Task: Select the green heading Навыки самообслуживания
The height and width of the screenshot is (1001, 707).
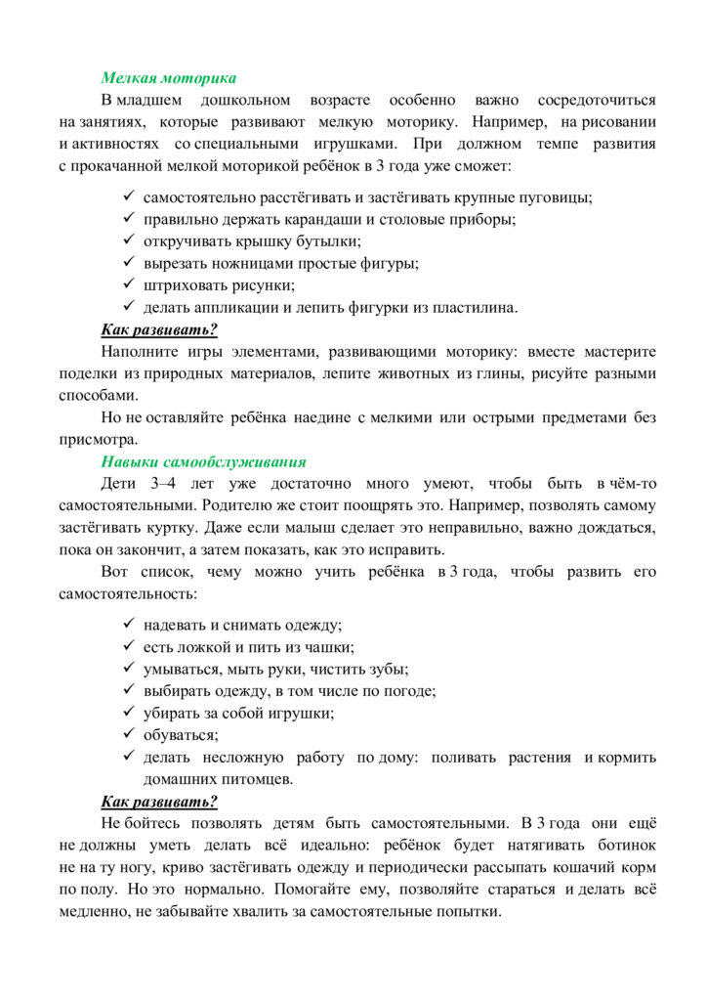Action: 203,461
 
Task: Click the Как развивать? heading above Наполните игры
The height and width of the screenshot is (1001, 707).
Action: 159,329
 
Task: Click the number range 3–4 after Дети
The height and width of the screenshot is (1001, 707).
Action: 167,484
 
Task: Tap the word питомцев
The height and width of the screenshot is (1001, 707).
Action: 258,779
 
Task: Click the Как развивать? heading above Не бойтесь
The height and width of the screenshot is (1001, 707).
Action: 159,802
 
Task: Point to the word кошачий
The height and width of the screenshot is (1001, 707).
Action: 572,868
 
